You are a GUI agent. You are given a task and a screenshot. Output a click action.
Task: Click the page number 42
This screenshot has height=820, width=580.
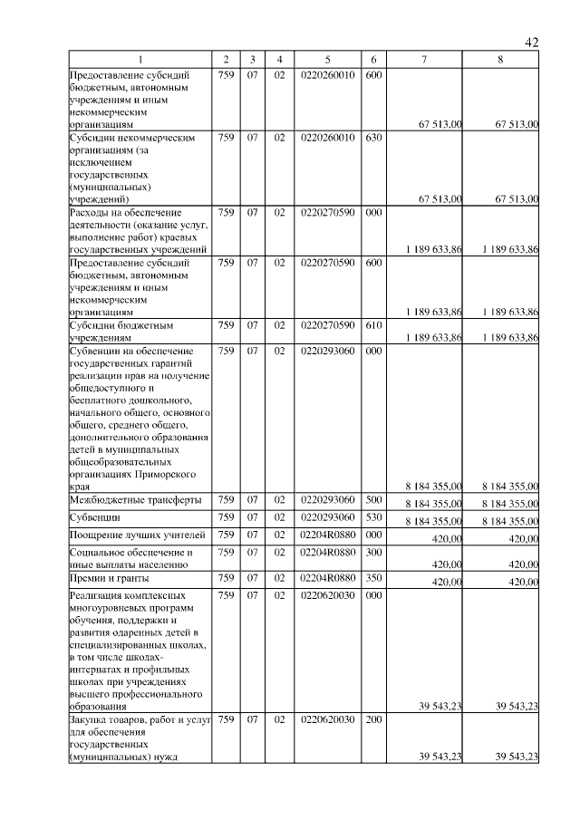[532, 42]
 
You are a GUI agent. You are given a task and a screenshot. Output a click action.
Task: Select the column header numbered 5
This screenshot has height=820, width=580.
[326, 59]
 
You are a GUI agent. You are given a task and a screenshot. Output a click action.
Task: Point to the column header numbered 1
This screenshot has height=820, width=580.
[140, 59]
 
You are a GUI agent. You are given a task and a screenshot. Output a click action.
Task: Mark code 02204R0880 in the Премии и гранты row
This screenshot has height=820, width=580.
[326, 576]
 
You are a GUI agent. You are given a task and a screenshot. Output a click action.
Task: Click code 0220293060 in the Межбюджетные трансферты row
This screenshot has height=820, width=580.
[326, 499]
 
